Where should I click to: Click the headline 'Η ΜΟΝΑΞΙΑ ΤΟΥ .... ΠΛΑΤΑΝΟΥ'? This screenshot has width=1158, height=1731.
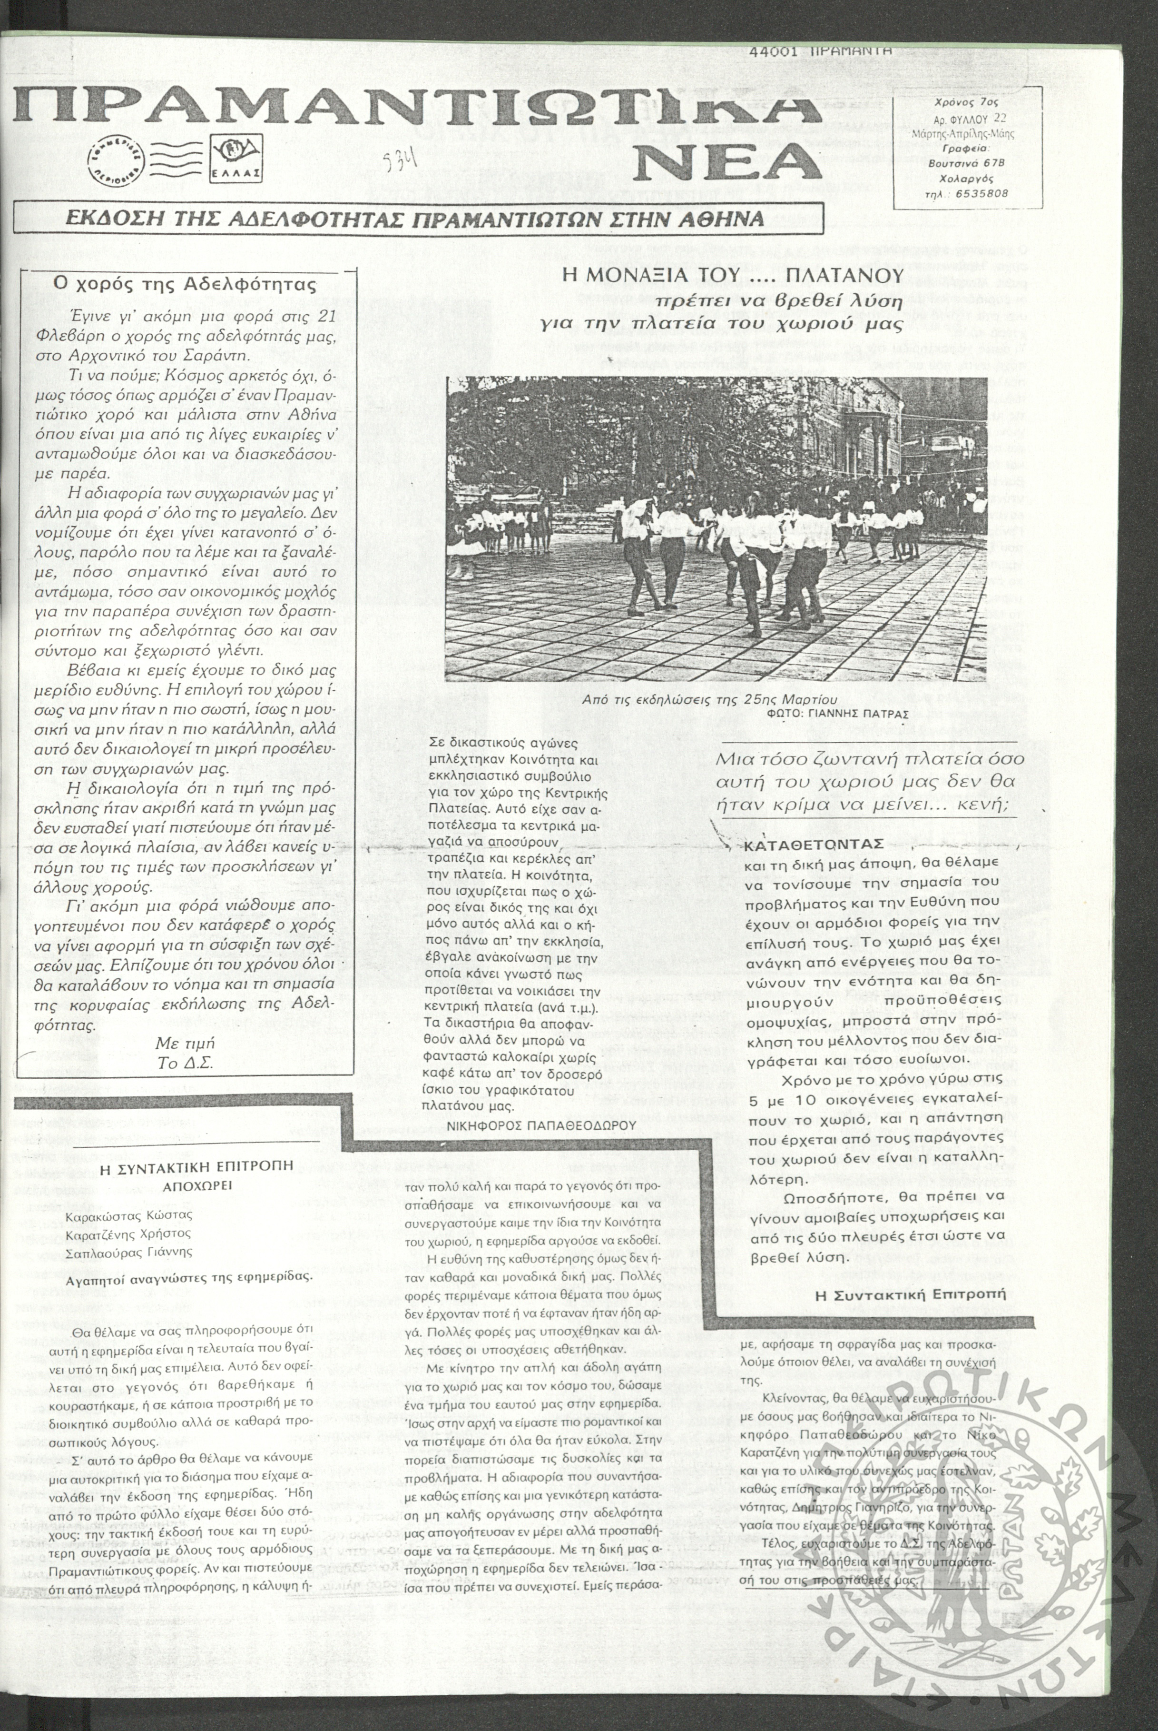pyautogui.click(x=733, y=276)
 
